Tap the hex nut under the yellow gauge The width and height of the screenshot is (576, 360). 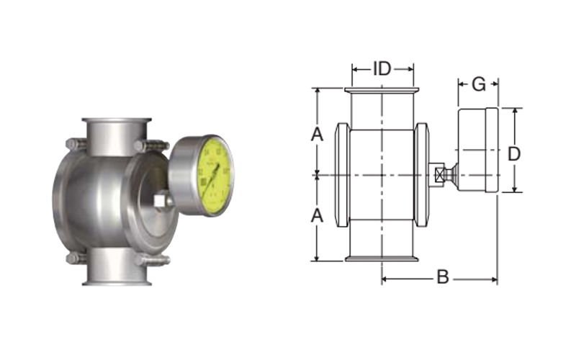[x=163, y=201]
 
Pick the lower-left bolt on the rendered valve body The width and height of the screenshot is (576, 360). [x=75, y=258]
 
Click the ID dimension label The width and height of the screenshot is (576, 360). [x=382, y=69]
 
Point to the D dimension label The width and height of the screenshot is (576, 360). [x=514, y=153]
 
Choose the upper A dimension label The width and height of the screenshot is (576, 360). [x=317, y=134]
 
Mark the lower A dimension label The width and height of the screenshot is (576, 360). [x=317, y=215]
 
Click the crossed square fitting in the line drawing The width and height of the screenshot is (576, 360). [x=436, y=174]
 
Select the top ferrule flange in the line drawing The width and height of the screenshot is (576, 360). [x=382, y=90]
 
